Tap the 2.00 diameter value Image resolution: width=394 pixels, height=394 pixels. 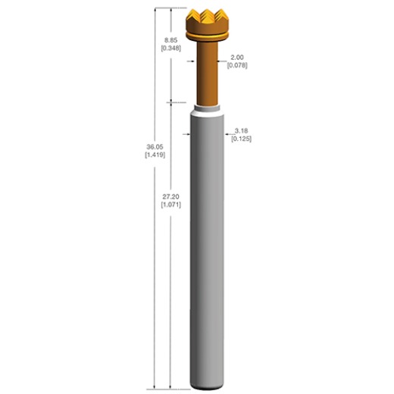(x=237, y=57)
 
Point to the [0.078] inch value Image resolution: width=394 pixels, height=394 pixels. (x=237, y=65)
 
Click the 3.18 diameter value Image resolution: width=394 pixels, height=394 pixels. (x=242, y=131)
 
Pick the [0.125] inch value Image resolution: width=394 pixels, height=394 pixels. (x=242, y=139)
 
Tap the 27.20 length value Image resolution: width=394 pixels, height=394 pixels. (x=170, y=195)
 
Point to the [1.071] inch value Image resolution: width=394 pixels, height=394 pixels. (x=170, y=204)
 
